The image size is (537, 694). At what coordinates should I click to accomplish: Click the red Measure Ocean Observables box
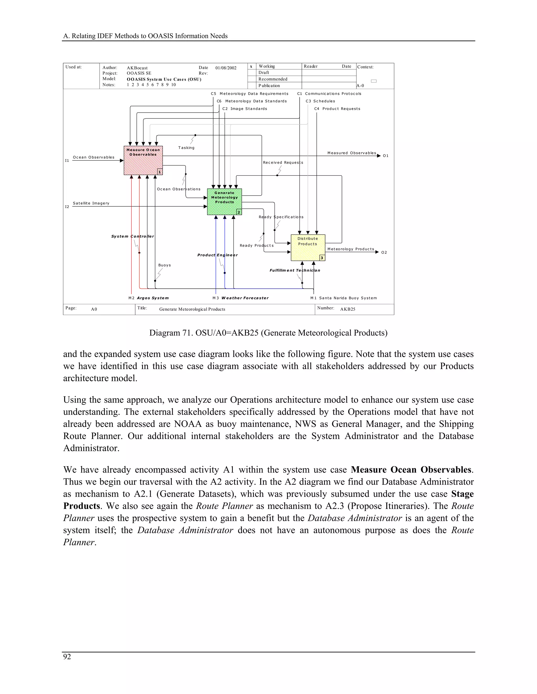pos(143,161)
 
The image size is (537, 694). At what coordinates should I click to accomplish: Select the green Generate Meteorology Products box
pos(224,202)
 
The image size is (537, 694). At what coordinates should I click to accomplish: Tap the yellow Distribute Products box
pos(308,247)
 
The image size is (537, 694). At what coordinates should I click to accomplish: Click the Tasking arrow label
pos(186,148)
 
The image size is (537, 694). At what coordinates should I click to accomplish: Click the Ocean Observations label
pos(179,189)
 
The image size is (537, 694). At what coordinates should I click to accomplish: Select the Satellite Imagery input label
pos(91,203)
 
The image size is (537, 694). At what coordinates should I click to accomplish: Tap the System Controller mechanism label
pos(132,236)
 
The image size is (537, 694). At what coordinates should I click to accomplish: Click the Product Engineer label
pos(217,255)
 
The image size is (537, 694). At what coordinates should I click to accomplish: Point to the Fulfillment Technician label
pos(294,271)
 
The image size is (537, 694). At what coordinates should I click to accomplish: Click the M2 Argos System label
pos(149,298)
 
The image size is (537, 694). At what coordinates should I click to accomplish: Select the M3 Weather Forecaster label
pos(240,298)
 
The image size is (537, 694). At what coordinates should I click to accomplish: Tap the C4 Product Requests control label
pos(337,109)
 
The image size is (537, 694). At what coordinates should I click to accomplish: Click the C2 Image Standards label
pos(245,109)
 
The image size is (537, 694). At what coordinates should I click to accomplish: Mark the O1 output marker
pos(385,156)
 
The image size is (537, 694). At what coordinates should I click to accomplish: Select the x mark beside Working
pos(251,67)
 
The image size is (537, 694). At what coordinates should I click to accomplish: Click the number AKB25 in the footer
pos(347,309)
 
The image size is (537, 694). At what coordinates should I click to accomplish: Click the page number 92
pos(67,657)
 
